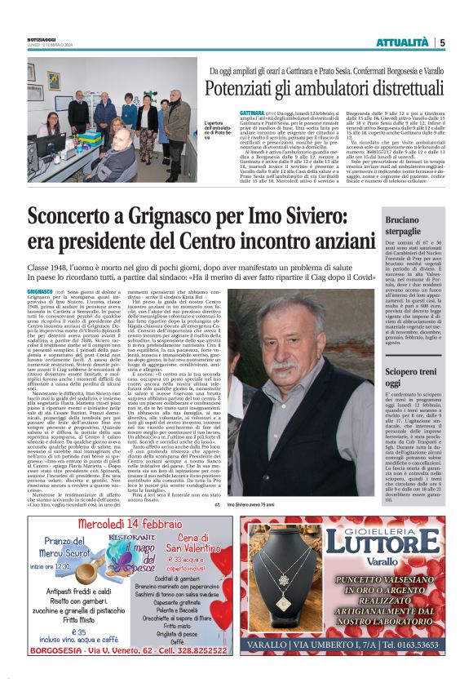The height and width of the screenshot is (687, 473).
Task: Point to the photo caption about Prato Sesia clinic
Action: [192, 132]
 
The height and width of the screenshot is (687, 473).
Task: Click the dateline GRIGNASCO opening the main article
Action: [42, 290]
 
